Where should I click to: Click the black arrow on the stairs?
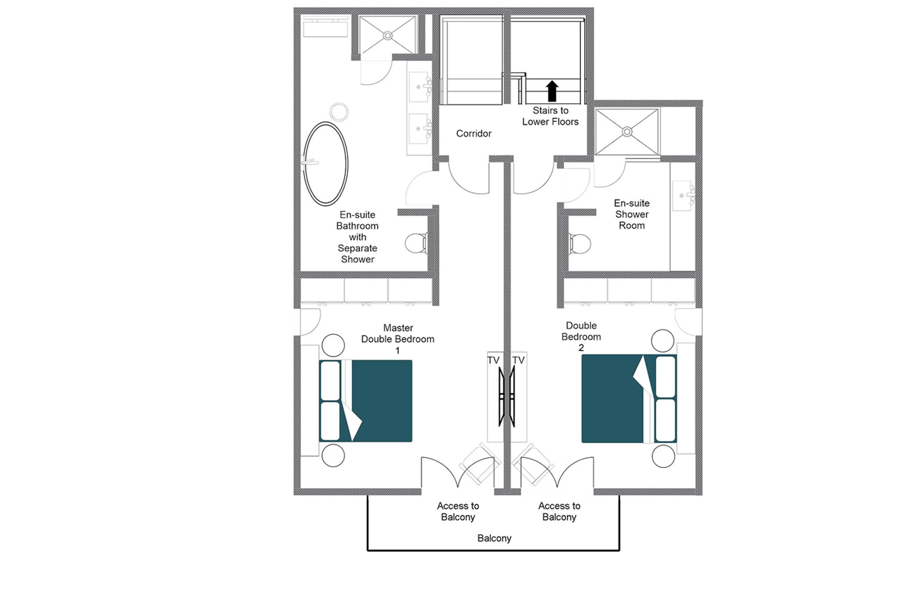[551, 91]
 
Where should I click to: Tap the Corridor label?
[473, 134]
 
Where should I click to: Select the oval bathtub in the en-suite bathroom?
[325, 164]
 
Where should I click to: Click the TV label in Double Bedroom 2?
[518, 360]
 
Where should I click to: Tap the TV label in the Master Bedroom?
[493, 360]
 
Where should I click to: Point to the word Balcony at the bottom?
[494, 538]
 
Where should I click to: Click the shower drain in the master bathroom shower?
[388, 36]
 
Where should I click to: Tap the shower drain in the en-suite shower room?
[627, 132]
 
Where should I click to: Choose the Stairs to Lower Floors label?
[550, 116]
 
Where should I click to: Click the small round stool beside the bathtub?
[339, 112]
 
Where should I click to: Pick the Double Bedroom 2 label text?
[581, 336]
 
